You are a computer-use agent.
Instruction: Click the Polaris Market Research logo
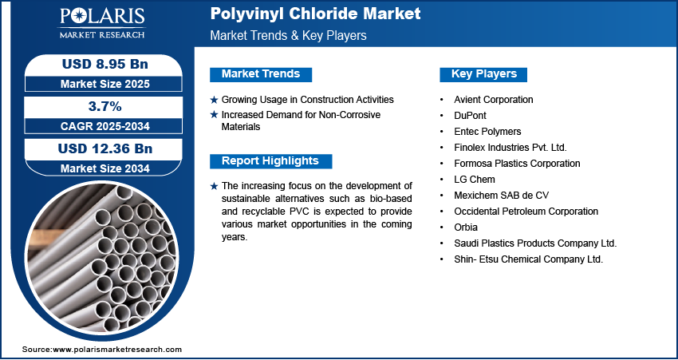coord(102,23)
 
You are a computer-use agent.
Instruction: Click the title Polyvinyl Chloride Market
coord(315,14)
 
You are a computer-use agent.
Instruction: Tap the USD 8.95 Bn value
coord(105,64)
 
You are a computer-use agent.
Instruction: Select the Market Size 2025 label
coord(105,84)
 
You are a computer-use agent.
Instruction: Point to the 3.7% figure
coord(104,106)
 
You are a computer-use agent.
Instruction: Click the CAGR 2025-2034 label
coord(105,126)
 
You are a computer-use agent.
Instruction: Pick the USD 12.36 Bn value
coord(105,148)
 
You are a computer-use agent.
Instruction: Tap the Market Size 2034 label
coord(105,168)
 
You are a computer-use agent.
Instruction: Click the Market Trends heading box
coord(261,74)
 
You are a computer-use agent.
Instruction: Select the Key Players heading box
coord(483,74)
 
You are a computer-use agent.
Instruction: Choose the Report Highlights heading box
coord(270,161)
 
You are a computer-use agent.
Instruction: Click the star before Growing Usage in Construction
coord(214,100)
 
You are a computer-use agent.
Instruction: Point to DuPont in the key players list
coord(470,116)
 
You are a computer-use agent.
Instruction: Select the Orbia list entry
coord(466,227)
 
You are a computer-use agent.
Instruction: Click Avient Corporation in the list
coord(494,100)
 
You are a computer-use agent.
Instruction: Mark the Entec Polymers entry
coord(487,132)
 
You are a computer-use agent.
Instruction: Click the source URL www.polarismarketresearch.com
coord(117,349)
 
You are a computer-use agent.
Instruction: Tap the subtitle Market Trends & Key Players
coord(289,35)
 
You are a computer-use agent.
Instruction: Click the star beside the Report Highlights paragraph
coord(214,187)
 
